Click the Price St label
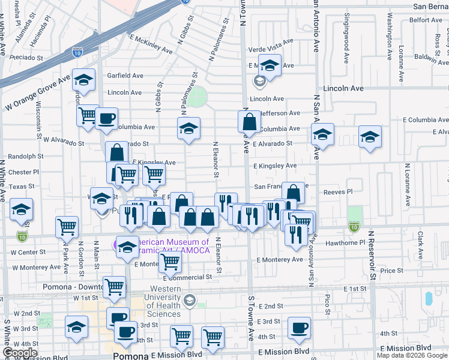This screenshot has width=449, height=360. pos(391,271)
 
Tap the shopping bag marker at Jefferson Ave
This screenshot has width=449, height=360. pos(249,122)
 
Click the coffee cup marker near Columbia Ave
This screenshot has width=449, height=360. pos(106,118)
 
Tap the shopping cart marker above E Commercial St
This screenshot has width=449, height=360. pos(170,262)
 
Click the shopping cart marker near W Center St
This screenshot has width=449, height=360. pos(67,227)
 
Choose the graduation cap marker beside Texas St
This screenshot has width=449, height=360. pos(22,209)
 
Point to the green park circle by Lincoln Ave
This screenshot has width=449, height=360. pos(199,95)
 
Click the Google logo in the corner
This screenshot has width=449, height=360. pos(20,353)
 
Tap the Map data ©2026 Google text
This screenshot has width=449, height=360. pos(412,355)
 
